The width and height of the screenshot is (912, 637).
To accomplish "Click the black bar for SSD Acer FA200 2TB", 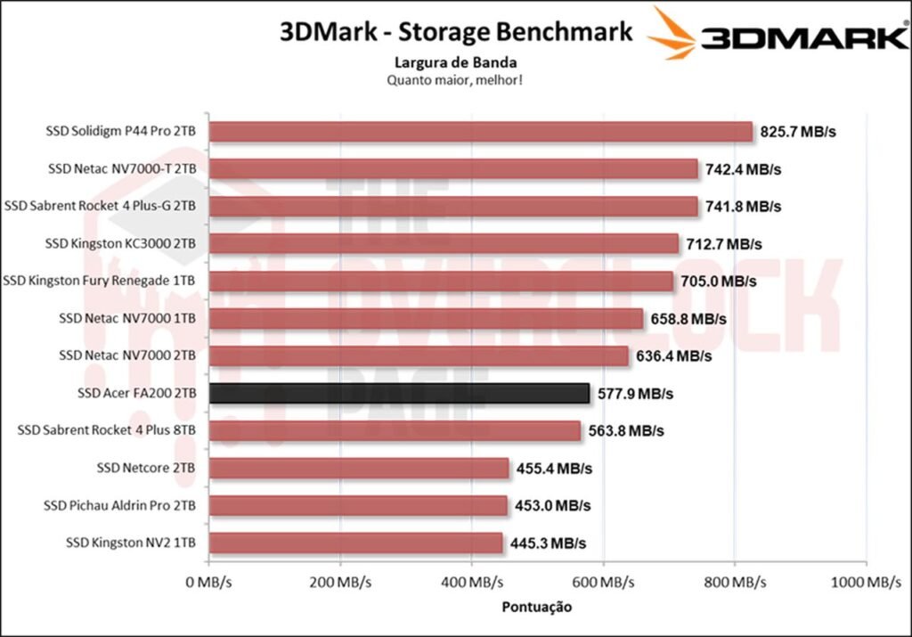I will [x=399, y=393].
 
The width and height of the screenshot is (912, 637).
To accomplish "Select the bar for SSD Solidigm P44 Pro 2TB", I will [x=481, y=132].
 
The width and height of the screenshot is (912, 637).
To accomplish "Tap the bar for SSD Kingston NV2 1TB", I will [x=355, y=543].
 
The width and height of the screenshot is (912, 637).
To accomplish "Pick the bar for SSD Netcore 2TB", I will [x=359, y=468].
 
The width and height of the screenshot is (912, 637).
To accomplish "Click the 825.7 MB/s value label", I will [x=799, y=132].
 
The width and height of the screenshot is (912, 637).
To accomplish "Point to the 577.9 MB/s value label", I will [x=635, y=393].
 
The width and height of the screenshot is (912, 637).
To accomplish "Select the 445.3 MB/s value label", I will [x=548, y=543].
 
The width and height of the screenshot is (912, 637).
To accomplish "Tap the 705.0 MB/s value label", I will [x=718, y=282].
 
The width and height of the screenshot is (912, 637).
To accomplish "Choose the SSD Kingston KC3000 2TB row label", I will [x=120, y=243].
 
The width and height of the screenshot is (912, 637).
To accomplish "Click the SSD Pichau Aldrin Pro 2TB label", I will [x=119, y=505].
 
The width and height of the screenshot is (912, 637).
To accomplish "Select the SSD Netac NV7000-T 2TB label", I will [x=122, y=168].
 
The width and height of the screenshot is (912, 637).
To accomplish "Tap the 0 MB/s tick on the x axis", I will [x=208, y=583].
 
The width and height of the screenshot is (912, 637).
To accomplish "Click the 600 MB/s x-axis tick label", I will [x=603, y=583].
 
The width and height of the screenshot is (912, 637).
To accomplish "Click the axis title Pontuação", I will [x=536, y=607].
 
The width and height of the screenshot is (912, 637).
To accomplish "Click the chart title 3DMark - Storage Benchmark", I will [x=456, y=32].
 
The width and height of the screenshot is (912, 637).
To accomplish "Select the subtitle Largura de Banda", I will [x=456, y=62].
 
